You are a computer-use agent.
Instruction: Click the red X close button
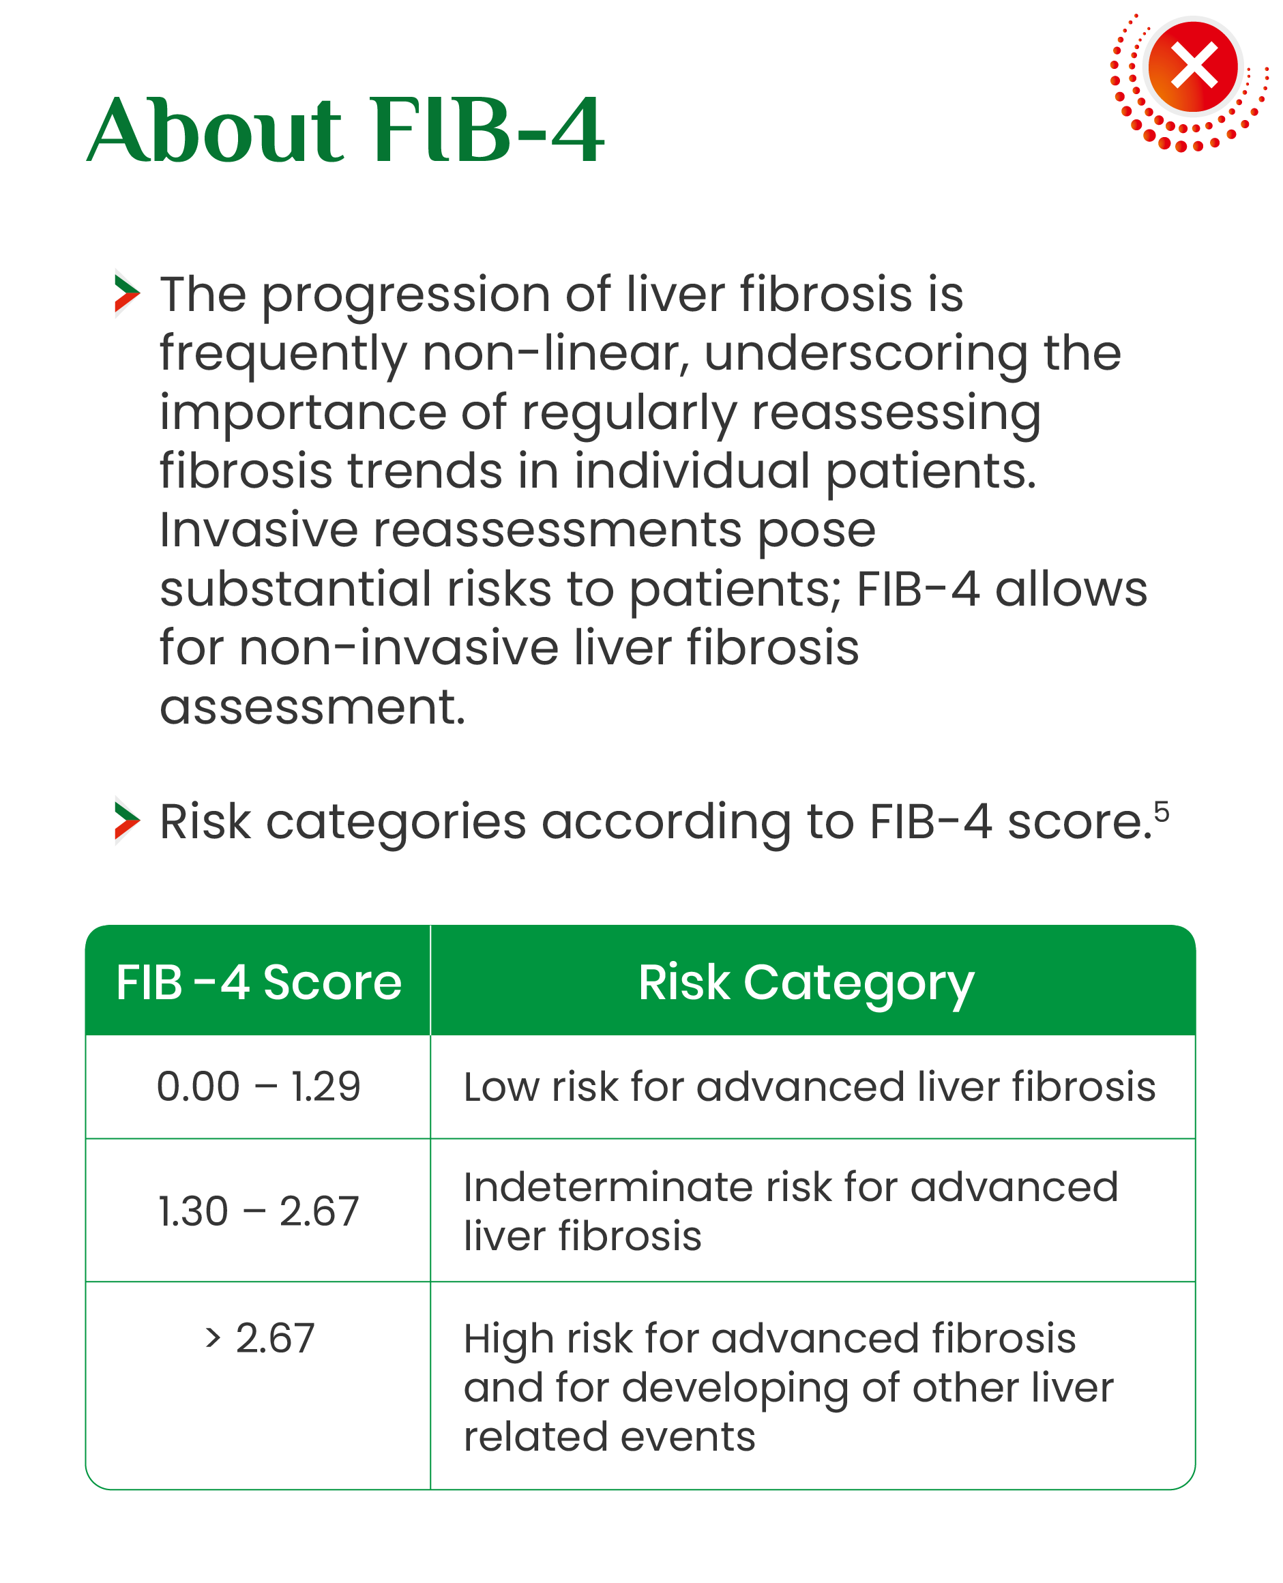click(x=1193, y=67)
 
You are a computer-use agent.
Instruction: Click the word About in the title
click(x=215, y=130)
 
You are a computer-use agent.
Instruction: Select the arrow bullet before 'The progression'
click(x=127, y=294)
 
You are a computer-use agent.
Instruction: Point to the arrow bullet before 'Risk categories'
click(x=127, y=820)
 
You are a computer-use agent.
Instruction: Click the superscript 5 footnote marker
click(x=1161, y=812)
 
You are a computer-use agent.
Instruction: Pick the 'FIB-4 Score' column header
click(x=259, y=982)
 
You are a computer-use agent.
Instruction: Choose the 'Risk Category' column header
click(x=806, y=983)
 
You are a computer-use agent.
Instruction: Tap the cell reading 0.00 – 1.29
click(x=259, y=1086)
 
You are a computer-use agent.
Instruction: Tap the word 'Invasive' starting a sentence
click(x=259, y=530)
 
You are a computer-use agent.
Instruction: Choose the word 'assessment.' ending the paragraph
click(x=312, y=707)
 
